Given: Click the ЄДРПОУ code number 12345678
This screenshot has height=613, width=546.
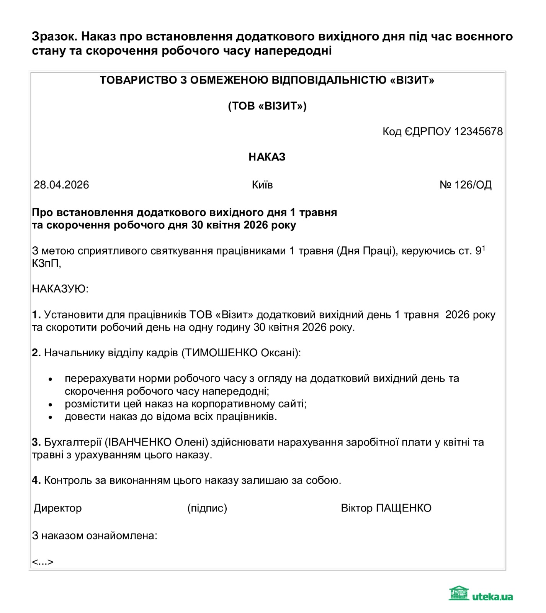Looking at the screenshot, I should tap(478, 131).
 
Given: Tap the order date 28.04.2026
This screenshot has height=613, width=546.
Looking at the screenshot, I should tap(61, 185).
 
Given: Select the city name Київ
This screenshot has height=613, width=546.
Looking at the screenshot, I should tap(262, 185).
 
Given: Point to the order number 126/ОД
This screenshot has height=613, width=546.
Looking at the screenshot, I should tap(472, 185).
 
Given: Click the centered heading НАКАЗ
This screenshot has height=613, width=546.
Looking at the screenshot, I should tap(267, 157).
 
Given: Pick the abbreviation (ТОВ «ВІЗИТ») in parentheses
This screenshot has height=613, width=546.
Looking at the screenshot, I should tap(267, 106).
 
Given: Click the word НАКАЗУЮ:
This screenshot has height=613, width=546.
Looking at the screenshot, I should tap(60, 288).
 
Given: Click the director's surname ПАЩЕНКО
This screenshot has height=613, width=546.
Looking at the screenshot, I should tap(404, 508).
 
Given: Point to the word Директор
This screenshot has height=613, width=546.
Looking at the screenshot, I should tap(58, 508).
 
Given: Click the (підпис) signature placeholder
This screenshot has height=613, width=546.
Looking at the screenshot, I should tap(207, 508).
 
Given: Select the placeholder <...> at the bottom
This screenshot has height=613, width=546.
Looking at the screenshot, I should tap(43, 562).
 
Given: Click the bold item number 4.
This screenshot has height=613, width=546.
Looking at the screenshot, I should tap(36, 480).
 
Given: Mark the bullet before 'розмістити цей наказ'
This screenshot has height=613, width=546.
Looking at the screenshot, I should tap(50, 404).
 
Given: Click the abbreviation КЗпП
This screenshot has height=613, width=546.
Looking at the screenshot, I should tap(46, 263).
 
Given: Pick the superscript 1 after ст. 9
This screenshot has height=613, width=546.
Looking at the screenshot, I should tap(484, 248).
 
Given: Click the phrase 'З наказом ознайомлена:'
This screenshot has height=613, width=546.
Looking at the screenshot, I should tap(95, 535).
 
